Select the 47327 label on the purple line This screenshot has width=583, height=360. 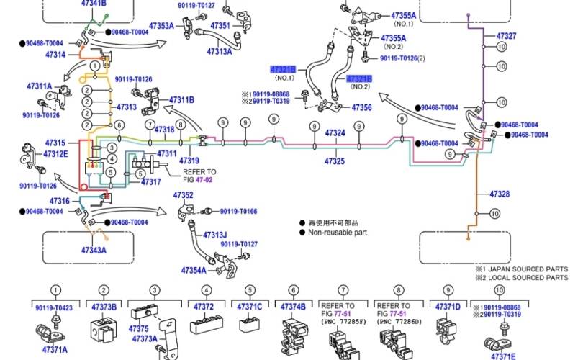coord(506,35)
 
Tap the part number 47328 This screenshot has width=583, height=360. coord(500,194)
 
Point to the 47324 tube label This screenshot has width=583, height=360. coord(335,133)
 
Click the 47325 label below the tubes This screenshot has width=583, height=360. coord(335,161)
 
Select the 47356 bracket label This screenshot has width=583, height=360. coord(362,107)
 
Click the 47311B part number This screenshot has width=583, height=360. coord(181,99)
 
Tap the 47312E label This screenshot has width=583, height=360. coord(55,153)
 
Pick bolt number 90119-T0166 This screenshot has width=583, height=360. coord(238,211)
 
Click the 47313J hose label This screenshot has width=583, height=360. coord(214,235)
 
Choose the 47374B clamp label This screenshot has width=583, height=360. coord(293,307)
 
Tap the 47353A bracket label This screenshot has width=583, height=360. coord(161,26)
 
